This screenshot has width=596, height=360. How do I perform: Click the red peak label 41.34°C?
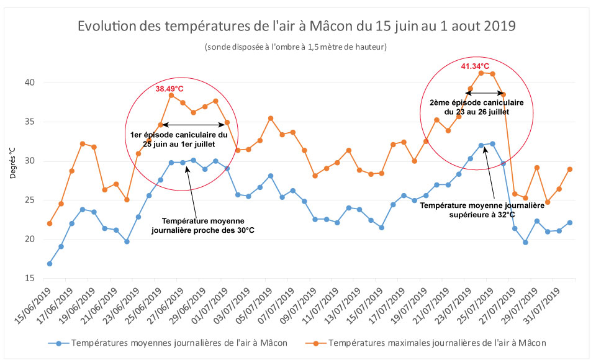tap(475, 66)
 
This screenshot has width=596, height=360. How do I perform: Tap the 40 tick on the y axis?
tap(29, 83)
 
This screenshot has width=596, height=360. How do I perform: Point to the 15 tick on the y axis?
tap(29, 278)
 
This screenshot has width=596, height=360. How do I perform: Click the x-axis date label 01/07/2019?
tap(210, 305)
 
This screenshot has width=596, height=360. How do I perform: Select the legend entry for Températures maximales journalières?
tap(437, 343)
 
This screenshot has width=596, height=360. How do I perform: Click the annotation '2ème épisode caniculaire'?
tap(477, 107)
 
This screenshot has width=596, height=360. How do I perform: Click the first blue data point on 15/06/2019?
tap(50, 264)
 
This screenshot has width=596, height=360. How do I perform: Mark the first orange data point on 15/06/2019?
tap(50, 223)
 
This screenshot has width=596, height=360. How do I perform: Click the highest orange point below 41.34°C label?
tap(481, 73)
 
